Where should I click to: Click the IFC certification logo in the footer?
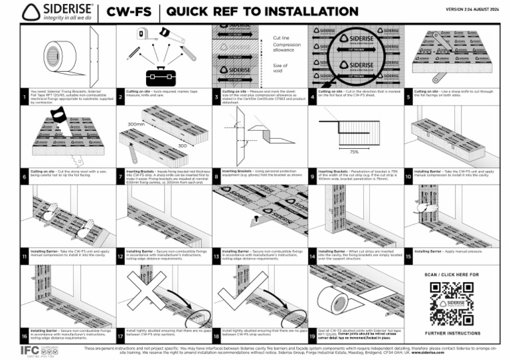click(29, 350)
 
